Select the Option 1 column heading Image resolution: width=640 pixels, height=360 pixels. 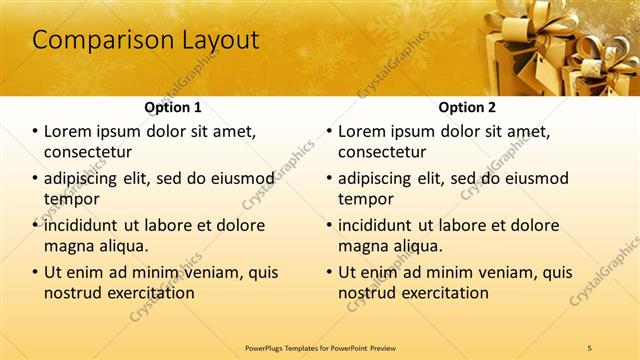(x=173, y=107)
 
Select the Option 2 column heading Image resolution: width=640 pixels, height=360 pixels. (x=467, y=107)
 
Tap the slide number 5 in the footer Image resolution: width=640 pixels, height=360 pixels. (x=590, y=347)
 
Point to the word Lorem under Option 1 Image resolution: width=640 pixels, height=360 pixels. (x=71, y=131)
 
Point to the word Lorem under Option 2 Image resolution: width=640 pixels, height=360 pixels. (x=365, y=131)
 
